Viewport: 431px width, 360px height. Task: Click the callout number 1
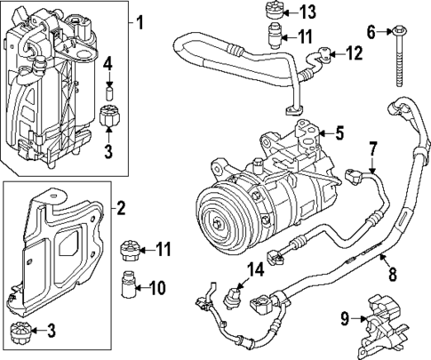click(x=140, y=20)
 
